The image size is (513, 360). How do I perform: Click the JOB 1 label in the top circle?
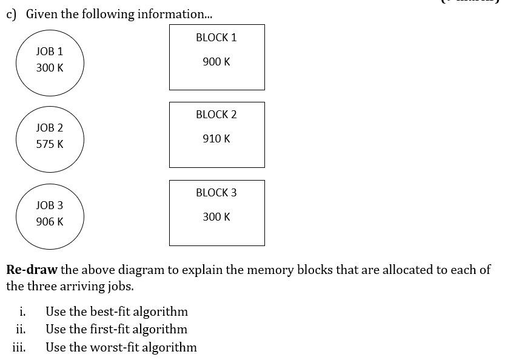(x=49, y=52)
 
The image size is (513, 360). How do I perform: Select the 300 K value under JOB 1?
(x=49, y=68)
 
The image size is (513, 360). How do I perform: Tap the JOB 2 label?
(x=49, y=128)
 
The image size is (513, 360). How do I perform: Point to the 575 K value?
(x=49, y=144)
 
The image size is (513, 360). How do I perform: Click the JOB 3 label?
(x=49, y=205)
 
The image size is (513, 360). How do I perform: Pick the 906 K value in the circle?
(x=49, y=222)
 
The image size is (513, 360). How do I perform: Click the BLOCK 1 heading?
(x=216, y=38)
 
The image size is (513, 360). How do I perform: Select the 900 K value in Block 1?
(x=216, y=62)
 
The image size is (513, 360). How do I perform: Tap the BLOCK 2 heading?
(x=216, y=115)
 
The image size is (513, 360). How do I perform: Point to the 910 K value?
(x=216, y=139)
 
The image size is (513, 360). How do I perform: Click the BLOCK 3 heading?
(x=216, y=193)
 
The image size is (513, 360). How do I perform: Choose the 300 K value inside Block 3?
(x=216, y=217)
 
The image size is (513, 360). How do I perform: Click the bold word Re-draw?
(x=32, y=270)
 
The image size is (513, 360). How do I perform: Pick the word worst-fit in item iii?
(x=113, y=347)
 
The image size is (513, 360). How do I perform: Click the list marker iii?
(x=19, y=347)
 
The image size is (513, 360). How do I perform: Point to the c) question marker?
(x=11, y=14)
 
